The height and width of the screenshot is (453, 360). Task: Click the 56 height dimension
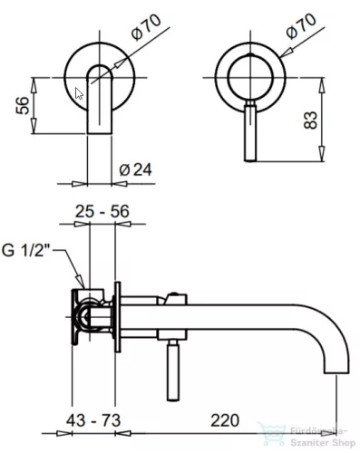coord(21,107)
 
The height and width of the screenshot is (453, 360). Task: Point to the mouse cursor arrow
coord(79,92)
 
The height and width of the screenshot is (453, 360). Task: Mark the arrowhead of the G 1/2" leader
coord(84,289)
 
